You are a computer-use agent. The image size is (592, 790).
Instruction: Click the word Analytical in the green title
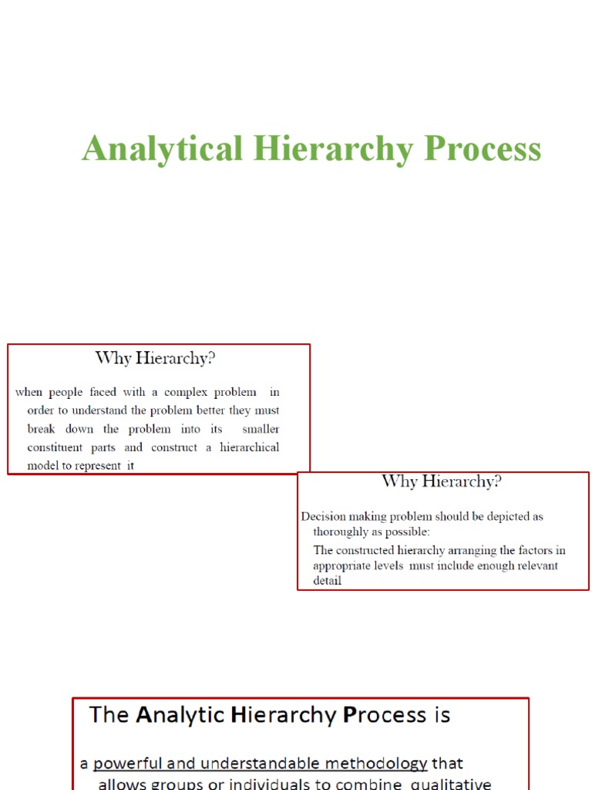pyautogui.click(x=163, y=149)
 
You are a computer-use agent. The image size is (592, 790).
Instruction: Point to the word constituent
pyautogui.click(x=56, y=447)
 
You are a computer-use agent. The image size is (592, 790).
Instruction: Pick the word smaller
pyautogui.click(x=261, y=429)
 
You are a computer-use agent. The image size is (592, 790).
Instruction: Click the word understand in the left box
pyautogui.click(x=103, y=410)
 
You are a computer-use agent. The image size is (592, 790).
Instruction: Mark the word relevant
pyautogui.click(x=512, y=565)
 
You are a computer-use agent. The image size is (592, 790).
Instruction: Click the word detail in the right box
pyautogui.click(x=327, y=581)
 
